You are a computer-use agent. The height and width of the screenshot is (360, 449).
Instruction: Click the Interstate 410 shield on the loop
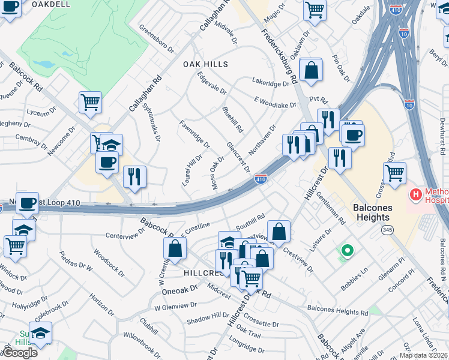261,179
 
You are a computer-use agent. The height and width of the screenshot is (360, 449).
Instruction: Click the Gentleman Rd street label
334,211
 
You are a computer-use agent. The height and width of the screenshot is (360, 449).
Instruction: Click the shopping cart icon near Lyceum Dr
90,102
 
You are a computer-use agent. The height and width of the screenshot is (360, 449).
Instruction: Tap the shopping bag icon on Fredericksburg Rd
311,70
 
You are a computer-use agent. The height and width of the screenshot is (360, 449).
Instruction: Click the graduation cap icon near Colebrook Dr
40,333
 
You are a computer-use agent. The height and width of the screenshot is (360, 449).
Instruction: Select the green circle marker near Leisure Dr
346,250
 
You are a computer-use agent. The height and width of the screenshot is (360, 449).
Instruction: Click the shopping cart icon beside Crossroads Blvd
394,173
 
